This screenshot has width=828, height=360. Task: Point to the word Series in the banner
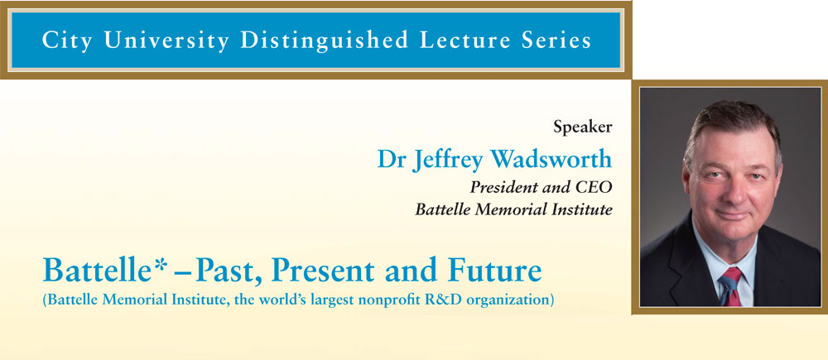(x=561, y=40)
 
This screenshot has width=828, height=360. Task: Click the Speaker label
(x=582, y=127)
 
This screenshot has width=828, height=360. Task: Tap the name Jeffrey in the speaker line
(x=450, y=161)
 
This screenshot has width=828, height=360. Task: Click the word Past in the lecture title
(x=228, y=271)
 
